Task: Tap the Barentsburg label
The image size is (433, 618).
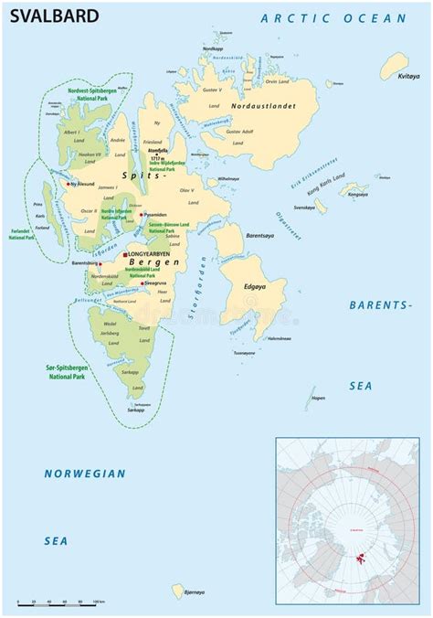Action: (90, 262)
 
